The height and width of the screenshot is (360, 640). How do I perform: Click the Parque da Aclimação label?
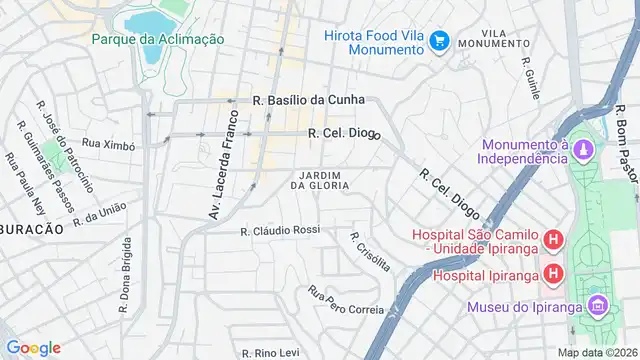pos(157,39)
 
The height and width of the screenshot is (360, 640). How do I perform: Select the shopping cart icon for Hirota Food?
pos(437,41)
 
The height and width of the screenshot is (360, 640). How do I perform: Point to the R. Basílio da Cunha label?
pos(309,100)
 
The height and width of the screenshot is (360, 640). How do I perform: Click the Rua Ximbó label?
pos(108,145)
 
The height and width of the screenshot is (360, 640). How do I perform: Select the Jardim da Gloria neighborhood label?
pos(319,180)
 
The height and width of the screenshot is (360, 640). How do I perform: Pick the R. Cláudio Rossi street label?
pos(280,230)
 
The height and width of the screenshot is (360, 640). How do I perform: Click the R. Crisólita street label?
pos(370,251)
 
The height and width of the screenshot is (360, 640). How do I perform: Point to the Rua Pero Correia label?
pos(346,301)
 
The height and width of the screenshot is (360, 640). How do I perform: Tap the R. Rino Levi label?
pos(277,353)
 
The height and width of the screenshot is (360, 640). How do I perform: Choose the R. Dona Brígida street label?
pos(126,276)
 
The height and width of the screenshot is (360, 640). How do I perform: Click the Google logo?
pos(33,347)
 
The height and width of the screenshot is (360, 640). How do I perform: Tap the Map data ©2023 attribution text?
pos(596,352)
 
